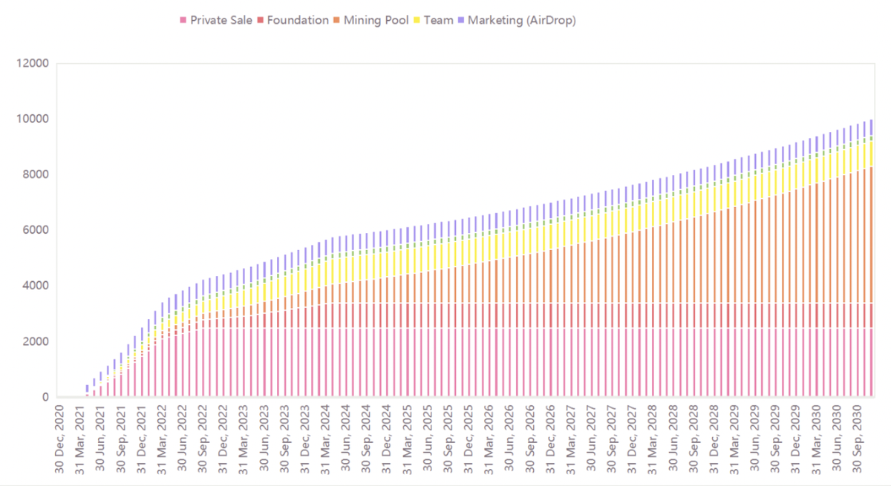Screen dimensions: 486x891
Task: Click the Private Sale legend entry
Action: (221, 20)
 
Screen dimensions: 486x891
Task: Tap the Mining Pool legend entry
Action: (375, 20)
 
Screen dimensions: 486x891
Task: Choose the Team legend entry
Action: (438, 20)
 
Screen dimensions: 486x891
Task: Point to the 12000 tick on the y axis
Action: (32, 64)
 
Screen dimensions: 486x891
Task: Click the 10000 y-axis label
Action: (32, 119)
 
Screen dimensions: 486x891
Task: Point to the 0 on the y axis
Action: (45, 397)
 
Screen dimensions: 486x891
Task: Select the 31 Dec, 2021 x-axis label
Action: (143, 438)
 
